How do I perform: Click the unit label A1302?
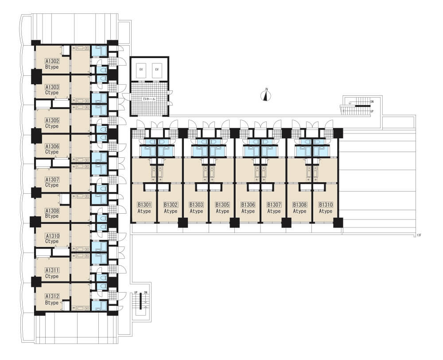tap(52, 61)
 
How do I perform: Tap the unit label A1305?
tap(52, 120)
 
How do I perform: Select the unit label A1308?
tap(52, 211)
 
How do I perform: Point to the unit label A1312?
tap(52, 296)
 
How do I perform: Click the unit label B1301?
tap(144, 205)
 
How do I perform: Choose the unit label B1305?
tap(222, 205)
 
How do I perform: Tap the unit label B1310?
tap(326, 205)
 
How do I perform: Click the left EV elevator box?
tap(141, 69)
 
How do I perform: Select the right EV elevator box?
tap(157, 69)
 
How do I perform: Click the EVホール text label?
tap(149, 99)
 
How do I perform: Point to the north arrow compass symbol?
tap(265, 95)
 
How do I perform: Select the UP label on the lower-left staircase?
tap(136, 292)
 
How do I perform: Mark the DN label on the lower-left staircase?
tap(145, 292)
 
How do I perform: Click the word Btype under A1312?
tap(52, 303)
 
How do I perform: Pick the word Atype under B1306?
tap(248, 211)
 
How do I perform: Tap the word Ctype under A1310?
tap(52, 241)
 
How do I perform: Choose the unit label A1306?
tap(52, 146)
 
